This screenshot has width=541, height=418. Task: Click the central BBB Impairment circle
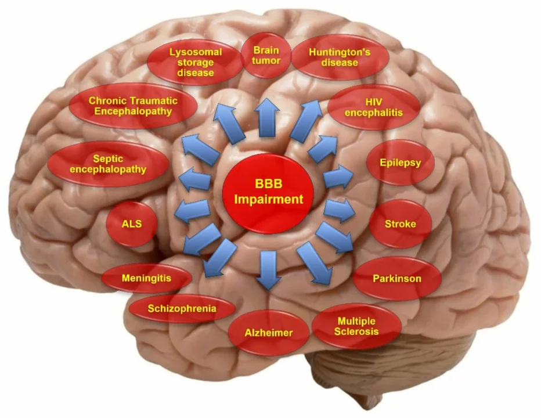268,193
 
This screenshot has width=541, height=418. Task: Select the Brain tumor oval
266,56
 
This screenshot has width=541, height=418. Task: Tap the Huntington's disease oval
340,57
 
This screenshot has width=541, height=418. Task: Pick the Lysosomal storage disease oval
195,63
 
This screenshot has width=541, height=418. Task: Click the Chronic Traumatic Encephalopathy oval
133,106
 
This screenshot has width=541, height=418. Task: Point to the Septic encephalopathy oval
108,164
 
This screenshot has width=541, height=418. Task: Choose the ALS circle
132,224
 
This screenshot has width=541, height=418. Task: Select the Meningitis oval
147,278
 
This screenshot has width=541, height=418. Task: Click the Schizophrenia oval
182,309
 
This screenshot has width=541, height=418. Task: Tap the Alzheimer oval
269,333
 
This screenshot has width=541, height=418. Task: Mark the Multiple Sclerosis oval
356,326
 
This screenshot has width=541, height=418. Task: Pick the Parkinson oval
397,279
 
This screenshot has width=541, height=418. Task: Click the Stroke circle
401,224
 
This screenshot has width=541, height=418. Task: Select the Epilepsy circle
400,163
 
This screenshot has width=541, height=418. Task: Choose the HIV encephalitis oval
374,107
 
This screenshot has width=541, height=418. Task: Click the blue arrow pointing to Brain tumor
266,117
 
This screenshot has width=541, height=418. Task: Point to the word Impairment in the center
269,200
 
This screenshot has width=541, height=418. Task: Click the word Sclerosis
356,331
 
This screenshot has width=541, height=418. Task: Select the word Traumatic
154,101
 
